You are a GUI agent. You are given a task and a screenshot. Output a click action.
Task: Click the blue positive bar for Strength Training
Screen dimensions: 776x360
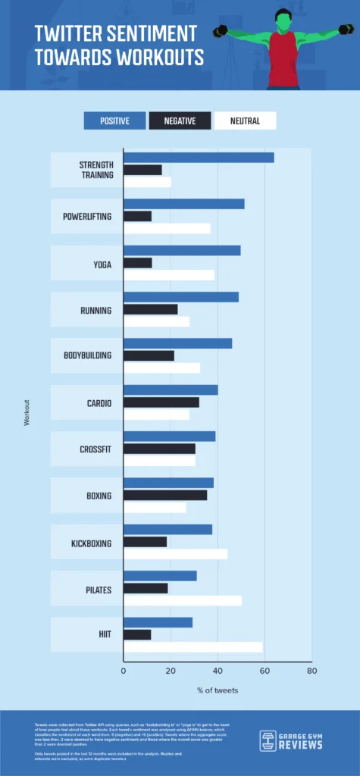coord(199,158)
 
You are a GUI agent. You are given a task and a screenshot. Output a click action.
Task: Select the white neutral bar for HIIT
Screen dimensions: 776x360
coord(193,646)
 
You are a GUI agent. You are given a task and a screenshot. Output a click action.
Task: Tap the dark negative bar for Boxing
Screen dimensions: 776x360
coord(165,496)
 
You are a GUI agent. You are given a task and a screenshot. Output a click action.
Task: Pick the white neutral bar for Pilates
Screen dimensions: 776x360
coord(183,600)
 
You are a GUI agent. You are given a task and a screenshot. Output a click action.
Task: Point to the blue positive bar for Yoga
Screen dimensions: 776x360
coord(182,250)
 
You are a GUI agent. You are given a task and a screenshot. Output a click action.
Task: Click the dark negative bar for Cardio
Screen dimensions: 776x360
coord(161,402)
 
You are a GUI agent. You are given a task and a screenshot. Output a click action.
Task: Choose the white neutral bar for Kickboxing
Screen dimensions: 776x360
coord(175,554)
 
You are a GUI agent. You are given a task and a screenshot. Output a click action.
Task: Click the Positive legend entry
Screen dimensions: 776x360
coord(114,120)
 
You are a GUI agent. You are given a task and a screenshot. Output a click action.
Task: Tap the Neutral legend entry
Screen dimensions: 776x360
coord(244,120)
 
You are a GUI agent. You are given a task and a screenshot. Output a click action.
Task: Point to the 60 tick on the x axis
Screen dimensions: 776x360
coord(264,671)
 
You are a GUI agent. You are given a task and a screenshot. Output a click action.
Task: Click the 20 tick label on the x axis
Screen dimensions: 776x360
coord(171,671)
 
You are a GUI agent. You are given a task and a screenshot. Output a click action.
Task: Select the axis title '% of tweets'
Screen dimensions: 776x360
coord(217,690)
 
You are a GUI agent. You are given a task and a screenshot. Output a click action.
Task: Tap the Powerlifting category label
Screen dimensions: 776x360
coord(87,217)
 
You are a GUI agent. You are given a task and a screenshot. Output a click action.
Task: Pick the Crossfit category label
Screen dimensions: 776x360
coord(95,449)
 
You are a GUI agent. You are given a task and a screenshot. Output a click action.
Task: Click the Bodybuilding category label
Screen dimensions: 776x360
coord(87,355)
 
